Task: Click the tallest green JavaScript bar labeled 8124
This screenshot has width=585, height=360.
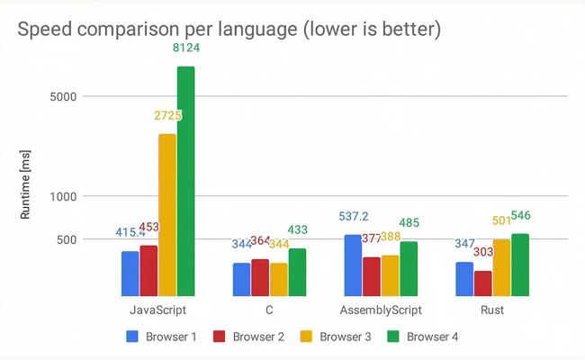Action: pos(185,180)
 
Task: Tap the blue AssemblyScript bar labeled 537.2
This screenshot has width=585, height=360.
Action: pos(352,265)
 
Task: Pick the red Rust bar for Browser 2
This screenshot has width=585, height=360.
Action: pos(482,283)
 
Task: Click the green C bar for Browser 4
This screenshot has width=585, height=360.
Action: pos(297,272)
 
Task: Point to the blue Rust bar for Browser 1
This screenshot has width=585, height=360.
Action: pos(463,278)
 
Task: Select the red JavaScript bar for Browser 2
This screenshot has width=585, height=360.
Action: pos(148,270)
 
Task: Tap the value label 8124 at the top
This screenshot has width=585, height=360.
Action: pos(186,48)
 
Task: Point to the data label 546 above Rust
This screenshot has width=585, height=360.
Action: pos(523,216)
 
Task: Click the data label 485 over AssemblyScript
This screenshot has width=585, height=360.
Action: pos(409,223)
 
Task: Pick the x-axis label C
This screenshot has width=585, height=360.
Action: pos(269,310)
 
